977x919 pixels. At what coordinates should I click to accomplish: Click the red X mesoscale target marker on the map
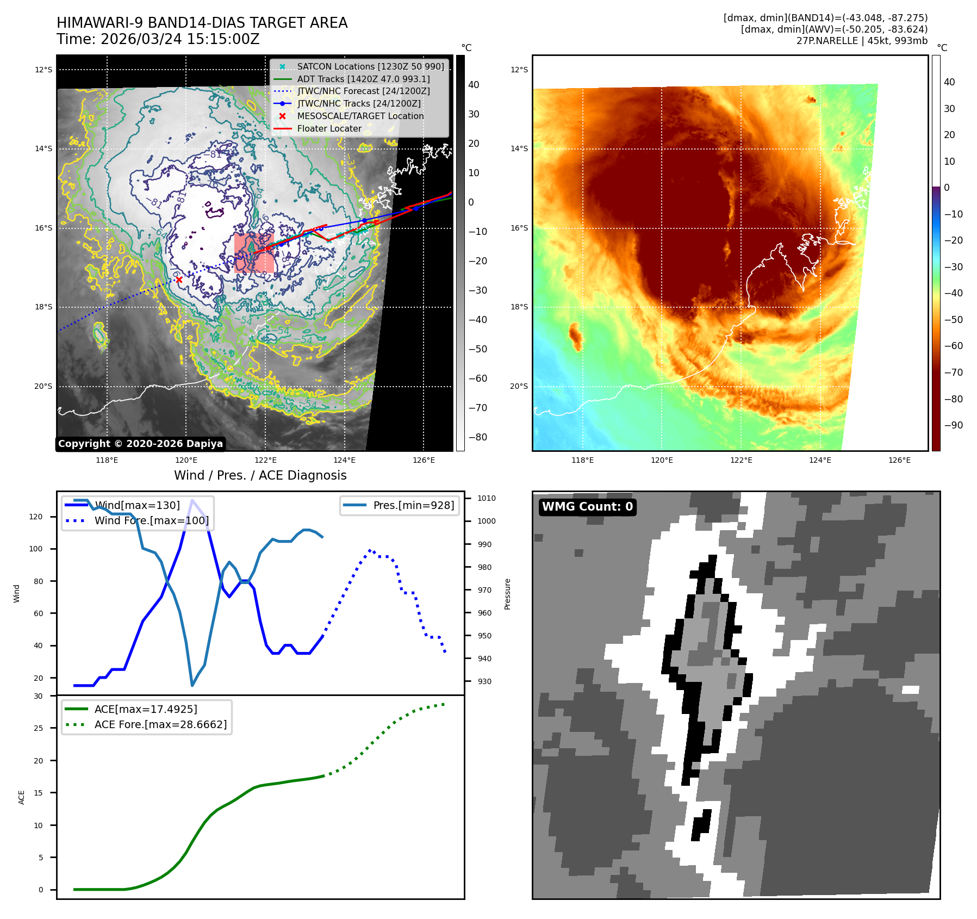pos(179,280)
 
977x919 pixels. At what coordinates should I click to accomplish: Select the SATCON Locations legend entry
pos(370,66)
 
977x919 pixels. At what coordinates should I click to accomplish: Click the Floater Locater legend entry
pos(329,128)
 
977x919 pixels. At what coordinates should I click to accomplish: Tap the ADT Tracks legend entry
pos(363,79)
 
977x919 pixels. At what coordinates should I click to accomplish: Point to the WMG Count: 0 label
pos(587,507)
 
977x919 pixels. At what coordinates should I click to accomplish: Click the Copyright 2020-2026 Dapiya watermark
pos(140,444)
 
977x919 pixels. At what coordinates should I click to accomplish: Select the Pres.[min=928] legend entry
pos(413,505)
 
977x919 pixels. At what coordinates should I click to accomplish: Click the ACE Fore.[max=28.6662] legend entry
pos(160,724)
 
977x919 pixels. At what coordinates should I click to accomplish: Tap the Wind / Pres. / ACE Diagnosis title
pos(260,475)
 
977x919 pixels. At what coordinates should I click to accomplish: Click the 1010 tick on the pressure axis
pos(486,498)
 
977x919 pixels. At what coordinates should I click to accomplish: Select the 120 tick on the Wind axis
pos(36,517)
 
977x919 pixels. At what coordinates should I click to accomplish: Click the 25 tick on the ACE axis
pos(38,728)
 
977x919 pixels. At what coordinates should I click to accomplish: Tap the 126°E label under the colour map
pos(899,460)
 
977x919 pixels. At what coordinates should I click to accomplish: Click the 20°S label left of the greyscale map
pos(43,386)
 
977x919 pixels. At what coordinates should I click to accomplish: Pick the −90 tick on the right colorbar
pos(953,425)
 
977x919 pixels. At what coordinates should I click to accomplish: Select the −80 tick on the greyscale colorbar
pos(478,437)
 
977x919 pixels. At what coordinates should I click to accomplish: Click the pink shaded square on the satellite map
pos(254,253)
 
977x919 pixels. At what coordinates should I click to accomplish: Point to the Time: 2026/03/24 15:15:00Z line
pos(158,39)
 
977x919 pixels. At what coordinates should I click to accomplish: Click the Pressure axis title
pos(507,594)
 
